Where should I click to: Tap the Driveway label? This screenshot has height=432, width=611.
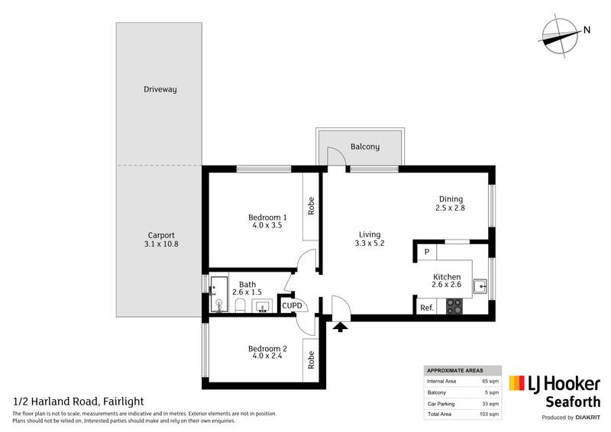(160, 89)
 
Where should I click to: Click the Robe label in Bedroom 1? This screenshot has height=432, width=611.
(311, 206)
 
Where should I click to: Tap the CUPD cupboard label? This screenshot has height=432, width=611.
(292, 306)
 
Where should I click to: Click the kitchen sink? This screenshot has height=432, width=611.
(480, 288)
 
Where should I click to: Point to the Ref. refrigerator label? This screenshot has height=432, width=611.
(426, 308)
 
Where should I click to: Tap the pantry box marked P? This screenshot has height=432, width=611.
(426, 251)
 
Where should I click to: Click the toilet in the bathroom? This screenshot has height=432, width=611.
(239, 305)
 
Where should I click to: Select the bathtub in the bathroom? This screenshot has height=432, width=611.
(219, 294)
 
